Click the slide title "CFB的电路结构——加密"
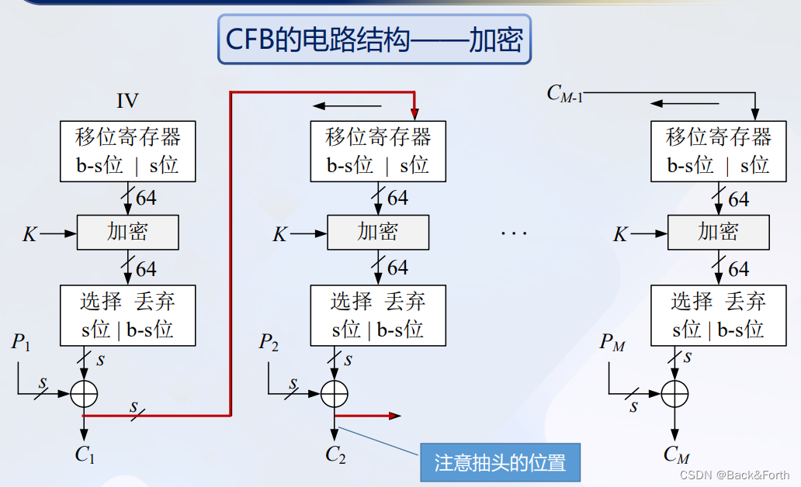[x=374, y=39]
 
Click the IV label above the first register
[x=128, y=101]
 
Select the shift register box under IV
[x=128, y=151]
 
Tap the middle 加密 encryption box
[x=378, y=233]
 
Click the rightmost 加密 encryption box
[x=718, y=233]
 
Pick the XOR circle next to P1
[x=84, y=394]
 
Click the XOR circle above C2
[x=335, y=394]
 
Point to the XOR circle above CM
[x=675, y=394]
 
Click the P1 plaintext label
[x=20, y=341]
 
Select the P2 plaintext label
[x=269, y=341]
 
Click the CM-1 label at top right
[x=565, y=94]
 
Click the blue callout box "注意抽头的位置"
[x=500, y=464]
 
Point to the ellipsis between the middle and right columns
[x=513, y=233]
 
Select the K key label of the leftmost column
[x=29, y=233]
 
